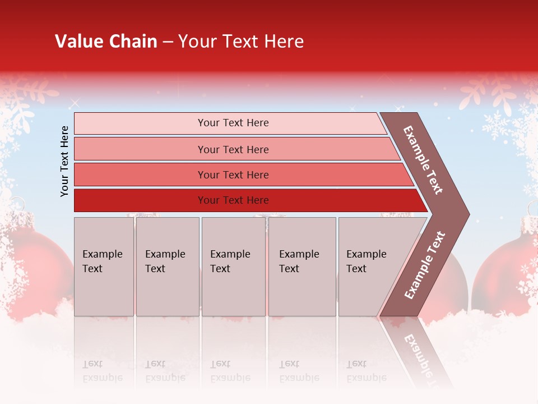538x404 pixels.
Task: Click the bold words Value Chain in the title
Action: tap(106, 42)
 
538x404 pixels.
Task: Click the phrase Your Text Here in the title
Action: tap(241, 42)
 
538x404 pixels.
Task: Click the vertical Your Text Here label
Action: tap(64, 161)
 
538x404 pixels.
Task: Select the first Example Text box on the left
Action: tap(104, 266)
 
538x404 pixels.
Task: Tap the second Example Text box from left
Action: tap(167, 266)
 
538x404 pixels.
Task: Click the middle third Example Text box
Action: tap(233, 266)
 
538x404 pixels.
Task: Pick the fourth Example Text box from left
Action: tap(302, 266)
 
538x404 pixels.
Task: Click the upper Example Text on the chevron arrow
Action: tap(424, 160)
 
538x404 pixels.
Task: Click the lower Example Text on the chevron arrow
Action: tap(425, 265)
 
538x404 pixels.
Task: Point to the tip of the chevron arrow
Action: tap(468, 214)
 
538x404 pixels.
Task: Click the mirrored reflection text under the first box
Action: tap(103, 371)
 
